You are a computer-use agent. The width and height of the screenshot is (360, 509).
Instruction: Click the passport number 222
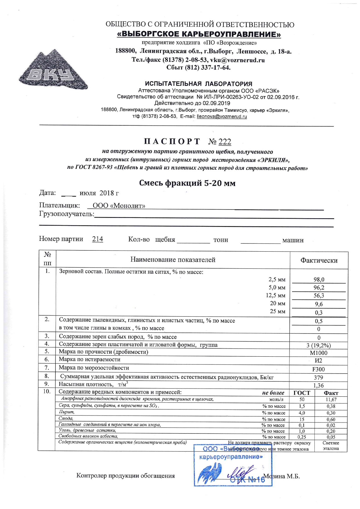tap(225, 142)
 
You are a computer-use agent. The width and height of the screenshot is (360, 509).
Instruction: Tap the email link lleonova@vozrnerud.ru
tap(222, 117)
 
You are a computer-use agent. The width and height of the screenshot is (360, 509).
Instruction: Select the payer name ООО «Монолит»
tap(119, 206)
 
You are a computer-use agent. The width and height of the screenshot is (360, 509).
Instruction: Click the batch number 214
tap(98, 239)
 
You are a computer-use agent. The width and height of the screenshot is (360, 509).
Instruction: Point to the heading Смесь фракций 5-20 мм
tap(187, 183)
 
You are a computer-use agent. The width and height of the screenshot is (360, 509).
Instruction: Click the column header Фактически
tap(319, 260)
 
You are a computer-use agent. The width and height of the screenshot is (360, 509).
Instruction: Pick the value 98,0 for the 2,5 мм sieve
tap(319, 279)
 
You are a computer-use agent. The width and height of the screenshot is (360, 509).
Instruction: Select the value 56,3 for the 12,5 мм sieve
tap(319, 296)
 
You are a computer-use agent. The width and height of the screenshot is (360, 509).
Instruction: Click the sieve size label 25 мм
tap(278, 312)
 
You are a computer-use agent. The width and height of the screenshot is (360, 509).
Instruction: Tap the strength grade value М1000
tap(318, 353)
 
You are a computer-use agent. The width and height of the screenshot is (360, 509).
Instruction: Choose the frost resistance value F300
tap(318, 369)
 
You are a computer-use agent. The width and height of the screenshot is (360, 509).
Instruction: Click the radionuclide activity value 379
tap(318, 377)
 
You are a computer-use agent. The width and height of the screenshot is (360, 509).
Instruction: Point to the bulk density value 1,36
tap(318, 385)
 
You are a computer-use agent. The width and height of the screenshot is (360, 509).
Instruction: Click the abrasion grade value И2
tap(318, 361)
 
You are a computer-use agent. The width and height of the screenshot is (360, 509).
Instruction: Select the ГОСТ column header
tap(302, 393)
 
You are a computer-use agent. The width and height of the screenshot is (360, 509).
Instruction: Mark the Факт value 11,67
tap(331, 400)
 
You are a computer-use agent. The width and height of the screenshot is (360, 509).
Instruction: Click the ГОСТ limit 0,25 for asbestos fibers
tap(302, 437)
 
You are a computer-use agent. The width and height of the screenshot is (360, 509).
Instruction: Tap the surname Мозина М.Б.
tap(281, 476)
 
